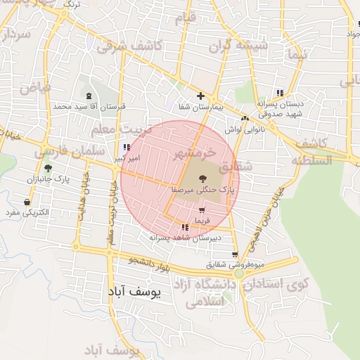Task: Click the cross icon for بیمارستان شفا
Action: (x=201, y=96)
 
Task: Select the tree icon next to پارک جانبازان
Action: (x=48, y=167)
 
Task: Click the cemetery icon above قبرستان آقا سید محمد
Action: (x=88, y=96)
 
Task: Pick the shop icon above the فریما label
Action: (x=202, y=210)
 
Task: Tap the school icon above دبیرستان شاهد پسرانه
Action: (x=185, y=227)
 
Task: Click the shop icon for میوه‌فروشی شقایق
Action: (x=234, y=255)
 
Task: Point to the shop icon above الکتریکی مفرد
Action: (x=27, y=202)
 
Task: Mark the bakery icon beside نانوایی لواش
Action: (x=245, y=118)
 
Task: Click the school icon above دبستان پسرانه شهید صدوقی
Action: (x=280, y=92)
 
